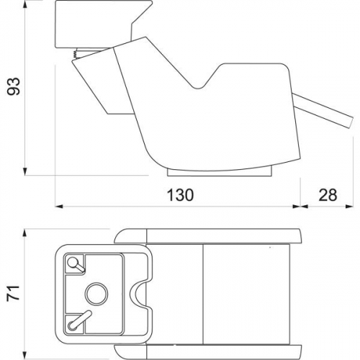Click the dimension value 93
click(x=14, y=86)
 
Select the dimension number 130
click(x=180, y=195)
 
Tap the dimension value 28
click(x=328, y=195)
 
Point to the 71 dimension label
click(x=14, y=292)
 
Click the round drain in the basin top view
click(x=96, y=294)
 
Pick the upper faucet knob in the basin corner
click(x=75, y=264)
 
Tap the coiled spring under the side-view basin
click(x=75, y=54)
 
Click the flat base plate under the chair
click(x=220, y=173)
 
